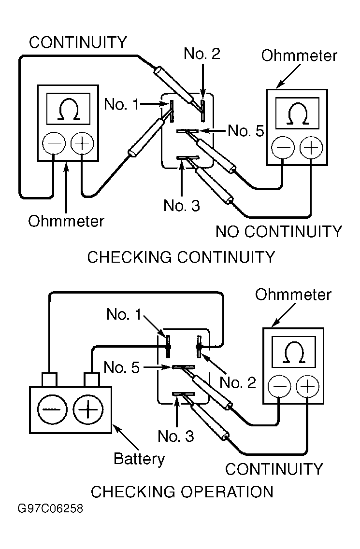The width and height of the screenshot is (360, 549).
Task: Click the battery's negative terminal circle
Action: click(x=50, y=410)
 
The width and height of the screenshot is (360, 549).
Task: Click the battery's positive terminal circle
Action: click(x=88, y=410)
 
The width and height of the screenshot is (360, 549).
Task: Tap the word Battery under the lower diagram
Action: click(x=139, y=458)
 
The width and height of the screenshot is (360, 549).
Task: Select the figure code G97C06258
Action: click(x=50, y=509)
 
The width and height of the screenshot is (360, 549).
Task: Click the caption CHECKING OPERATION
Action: click(x=182, y=492)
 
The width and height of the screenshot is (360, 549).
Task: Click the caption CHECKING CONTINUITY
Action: click(x=181, y=257)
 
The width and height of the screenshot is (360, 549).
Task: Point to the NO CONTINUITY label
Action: click(x=279, y=232)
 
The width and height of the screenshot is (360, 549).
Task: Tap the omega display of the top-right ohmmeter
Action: click(x=296, y=114)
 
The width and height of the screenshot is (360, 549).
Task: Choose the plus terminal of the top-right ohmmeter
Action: click(x=311, y=147)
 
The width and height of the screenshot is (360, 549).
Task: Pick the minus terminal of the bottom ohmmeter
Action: click(x=280, y=387)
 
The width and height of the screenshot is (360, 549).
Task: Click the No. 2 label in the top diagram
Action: click(x=202, y=54)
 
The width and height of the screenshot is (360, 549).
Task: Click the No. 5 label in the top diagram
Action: click(x=246, y=131)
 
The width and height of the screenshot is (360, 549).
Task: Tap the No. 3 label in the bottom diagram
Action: click(x=176, y=436)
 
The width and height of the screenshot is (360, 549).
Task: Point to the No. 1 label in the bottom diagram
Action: click(x=124, y=315)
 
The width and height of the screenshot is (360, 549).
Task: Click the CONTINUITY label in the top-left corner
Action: click(x=78, y=42)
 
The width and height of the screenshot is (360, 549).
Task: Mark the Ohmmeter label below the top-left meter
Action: click(x=66, y=221)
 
